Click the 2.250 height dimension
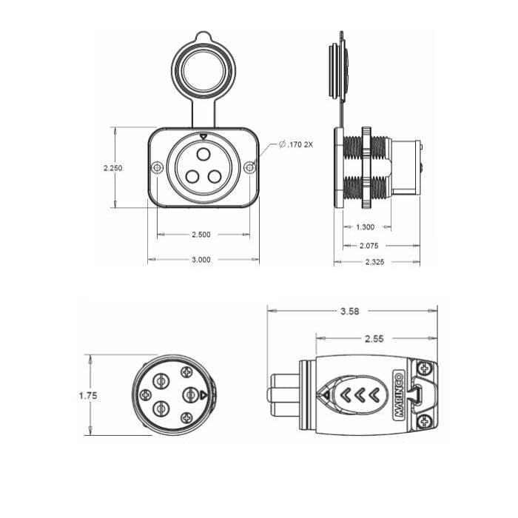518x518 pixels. click(x=113, y=168)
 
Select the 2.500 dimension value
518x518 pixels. click(x=201, y=235)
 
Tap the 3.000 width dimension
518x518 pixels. click(x=201, y=260)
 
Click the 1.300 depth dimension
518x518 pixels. click(x=365, y=228)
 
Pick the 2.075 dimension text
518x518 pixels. click(x=370, y=245)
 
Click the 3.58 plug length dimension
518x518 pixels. click(x=349, y=312)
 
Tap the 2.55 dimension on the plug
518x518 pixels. click(x=374, y=337)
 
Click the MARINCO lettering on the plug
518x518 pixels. click(x=397, y=396)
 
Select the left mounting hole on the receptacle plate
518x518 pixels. click(x=157, y=168)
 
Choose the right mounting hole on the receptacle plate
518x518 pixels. click(x=250, y=168)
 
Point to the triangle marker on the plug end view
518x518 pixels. click(x=202, y=395)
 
